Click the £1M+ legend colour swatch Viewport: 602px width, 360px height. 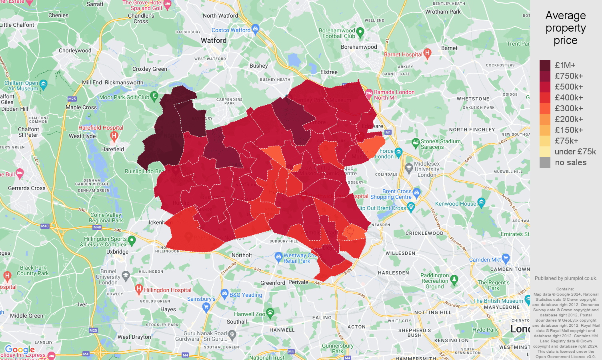(545, 65)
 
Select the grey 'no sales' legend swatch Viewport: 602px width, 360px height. (545, 162)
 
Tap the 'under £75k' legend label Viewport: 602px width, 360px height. (575, 152)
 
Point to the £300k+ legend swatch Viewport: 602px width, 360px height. (545, 108)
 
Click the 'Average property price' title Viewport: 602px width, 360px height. (565, 28)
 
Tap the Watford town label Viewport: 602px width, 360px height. (214, 40)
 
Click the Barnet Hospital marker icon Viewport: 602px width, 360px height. (427, 53)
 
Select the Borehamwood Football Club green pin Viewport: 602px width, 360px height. (360, 32)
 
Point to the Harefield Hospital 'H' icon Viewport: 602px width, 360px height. (114, 136)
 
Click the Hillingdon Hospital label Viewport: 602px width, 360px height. (168, 290)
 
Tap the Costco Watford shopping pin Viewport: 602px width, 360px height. (256, 28)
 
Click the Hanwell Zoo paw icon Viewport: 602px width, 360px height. (270, 312)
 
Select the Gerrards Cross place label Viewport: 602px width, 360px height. (27, 188)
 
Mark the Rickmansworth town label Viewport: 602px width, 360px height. (124, 82)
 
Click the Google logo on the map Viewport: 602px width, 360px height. (20, 350)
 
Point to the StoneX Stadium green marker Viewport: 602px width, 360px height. (416, 142)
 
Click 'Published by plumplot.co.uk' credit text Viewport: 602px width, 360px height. (566, 278)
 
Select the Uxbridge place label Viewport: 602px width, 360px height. (117, 252)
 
